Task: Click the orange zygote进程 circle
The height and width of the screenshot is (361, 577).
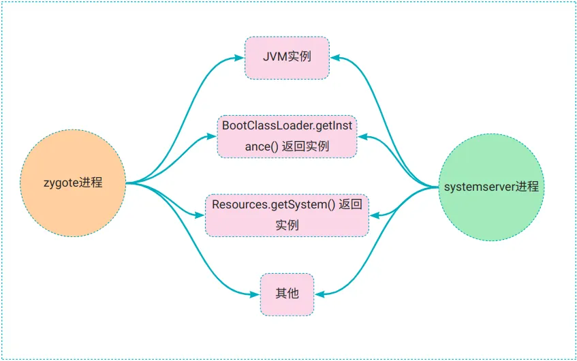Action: tap(73, 183)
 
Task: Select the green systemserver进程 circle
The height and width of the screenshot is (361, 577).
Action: tap(491, 186)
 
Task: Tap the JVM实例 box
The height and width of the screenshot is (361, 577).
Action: tap(287, 57)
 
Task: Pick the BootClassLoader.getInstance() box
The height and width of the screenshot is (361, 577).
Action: tap(287, 136)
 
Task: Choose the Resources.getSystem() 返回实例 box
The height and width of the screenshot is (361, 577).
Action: tap(287, 215)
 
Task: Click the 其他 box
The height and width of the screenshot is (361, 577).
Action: tap(287, 294)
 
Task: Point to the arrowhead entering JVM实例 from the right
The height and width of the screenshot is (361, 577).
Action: tap(334, 57)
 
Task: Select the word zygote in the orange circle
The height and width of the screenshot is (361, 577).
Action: tap(60, 183)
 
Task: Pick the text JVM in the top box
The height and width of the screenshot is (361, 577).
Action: tap(274, 57)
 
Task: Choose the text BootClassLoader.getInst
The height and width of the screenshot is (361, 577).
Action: tap(287, 126)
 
